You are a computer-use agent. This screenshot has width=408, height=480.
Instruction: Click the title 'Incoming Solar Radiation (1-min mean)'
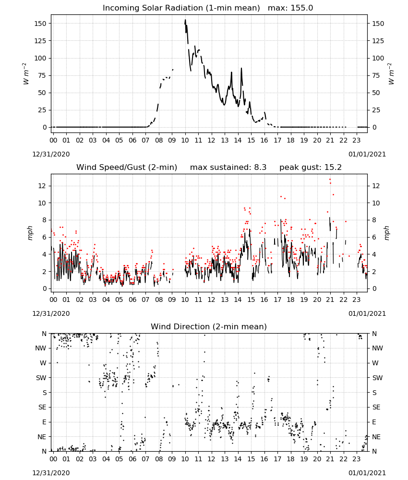pos(181,8)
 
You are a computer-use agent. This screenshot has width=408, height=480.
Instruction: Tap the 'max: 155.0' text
pos(290,8)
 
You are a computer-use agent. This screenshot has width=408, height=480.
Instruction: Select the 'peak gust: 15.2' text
pos(311,168)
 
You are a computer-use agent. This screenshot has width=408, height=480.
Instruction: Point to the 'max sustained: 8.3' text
pos(228,168)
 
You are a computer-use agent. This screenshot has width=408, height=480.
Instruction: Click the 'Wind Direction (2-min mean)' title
pos(209,326)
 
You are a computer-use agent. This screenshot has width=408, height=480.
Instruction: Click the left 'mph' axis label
pos(30,233)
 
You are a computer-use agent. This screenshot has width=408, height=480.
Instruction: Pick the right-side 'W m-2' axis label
pos(392,73)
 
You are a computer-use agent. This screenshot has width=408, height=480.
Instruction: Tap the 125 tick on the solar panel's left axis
pos(40,41)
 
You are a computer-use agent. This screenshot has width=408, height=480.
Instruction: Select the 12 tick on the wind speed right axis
pos(376,186)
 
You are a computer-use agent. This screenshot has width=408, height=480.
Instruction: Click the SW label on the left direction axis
pos(41,378)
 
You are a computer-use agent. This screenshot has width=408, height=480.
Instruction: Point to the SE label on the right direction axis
pos(376,407)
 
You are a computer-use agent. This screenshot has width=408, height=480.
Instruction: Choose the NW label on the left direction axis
pos(41,348)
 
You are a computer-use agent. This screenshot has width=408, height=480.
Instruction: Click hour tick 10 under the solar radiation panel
pos(185,140)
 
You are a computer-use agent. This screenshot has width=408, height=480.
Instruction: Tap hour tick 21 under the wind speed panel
pos(330,300)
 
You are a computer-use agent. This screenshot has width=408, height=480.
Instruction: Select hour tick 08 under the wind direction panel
pos(159,459)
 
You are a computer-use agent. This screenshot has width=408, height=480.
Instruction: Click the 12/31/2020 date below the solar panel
pos(51,154)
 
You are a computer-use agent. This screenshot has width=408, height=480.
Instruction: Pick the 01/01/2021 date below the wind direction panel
pos(367,473)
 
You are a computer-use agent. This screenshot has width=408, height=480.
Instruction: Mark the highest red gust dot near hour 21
pos(330,180)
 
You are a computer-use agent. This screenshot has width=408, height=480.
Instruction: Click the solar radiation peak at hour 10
pos(185,20)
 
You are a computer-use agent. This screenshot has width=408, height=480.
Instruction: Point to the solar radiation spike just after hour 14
pos(241,69)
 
